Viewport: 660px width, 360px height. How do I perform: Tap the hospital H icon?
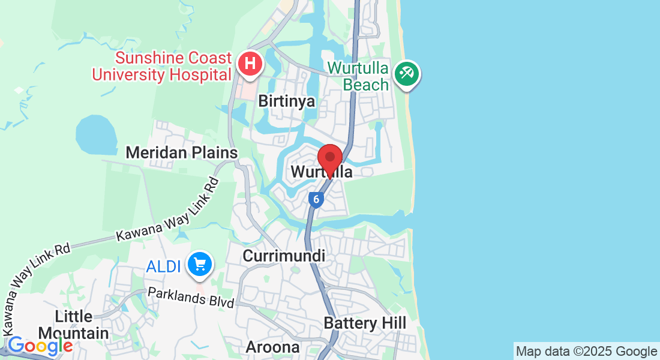point(249,63)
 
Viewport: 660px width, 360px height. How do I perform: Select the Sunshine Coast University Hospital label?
point(161,66)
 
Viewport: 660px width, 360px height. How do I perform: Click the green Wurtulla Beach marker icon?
point(407,74)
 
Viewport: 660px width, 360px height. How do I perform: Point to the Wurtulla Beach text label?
point(359,76)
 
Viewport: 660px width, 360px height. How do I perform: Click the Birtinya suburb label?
point(286,101)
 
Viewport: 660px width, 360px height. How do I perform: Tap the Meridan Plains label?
point(181,153)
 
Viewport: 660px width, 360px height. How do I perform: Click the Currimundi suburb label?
point(284,256)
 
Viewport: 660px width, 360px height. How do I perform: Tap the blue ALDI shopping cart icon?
point(199,264)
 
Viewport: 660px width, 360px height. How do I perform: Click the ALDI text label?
point(163,266)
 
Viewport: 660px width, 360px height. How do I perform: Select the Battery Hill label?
point(365,323)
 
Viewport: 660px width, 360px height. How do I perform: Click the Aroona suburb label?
point(272,347)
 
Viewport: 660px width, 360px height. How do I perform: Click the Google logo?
point(40,346)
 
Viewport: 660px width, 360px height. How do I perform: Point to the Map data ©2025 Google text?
point(586,352)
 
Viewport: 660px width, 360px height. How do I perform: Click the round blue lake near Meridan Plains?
point(97,135)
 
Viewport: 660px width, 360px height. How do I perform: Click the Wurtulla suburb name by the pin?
point(321,172)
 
